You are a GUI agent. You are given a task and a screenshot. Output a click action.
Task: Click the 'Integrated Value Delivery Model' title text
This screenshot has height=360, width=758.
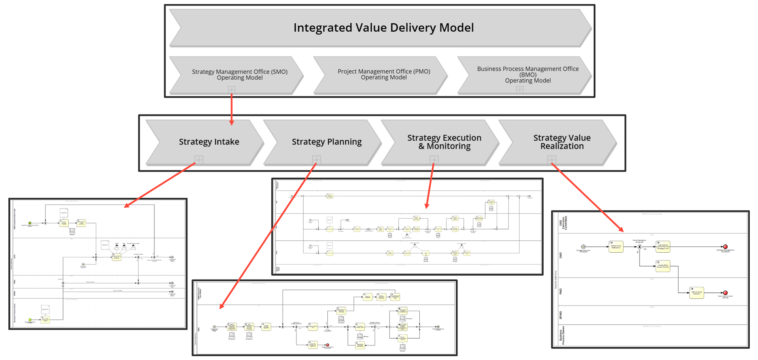point(383,28)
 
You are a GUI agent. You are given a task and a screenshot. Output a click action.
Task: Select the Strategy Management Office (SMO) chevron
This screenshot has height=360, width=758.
point(239,75)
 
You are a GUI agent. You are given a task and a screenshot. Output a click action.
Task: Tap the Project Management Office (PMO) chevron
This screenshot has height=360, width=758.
point(383,74)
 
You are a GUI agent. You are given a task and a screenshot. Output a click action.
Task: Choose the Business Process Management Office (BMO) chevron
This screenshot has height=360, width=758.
point(527,75)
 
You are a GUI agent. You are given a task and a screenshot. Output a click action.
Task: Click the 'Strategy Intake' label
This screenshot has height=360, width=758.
point(209,142)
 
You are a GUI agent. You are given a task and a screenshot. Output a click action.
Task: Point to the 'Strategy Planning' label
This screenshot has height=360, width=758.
point(326,142)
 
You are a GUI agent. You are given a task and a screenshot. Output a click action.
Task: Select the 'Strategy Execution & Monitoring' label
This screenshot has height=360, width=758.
point(444,142)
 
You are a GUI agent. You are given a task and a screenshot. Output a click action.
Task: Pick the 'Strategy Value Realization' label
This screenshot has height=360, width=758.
point(562,142)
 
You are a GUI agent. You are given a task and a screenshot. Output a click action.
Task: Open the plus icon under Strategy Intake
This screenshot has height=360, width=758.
point(199,159)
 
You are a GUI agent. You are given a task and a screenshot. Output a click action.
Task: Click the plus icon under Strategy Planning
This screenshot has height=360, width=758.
point(316,159)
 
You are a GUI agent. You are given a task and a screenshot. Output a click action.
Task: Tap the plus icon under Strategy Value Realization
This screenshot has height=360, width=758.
point(552,159)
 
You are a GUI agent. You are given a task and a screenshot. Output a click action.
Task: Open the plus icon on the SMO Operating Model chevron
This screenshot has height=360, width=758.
point(231,90)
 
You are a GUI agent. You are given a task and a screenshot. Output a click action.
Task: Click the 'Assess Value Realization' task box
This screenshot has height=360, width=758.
point(616,247)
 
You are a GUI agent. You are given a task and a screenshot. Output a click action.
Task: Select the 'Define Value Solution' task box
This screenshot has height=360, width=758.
point(696,292)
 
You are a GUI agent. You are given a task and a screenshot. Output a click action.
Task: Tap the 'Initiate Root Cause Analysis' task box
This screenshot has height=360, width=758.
point(663,266)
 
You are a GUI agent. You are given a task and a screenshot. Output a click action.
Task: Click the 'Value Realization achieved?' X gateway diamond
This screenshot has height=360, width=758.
point(640,247)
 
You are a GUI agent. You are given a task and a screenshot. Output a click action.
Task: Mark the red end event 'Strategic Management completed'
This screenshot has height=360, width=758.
point(725,247)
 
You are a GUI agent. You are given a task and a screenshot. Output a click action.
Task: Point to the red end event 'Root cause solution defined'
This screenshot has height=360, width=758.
point(725,292)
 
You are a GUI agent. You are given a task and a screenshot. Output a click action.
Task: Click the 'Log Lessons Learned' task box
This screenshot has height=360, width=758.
point(663,247)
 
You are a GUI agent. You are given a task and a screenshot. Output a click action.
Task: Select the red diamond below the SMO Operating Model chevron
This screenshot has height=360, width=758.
point(231,106)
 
